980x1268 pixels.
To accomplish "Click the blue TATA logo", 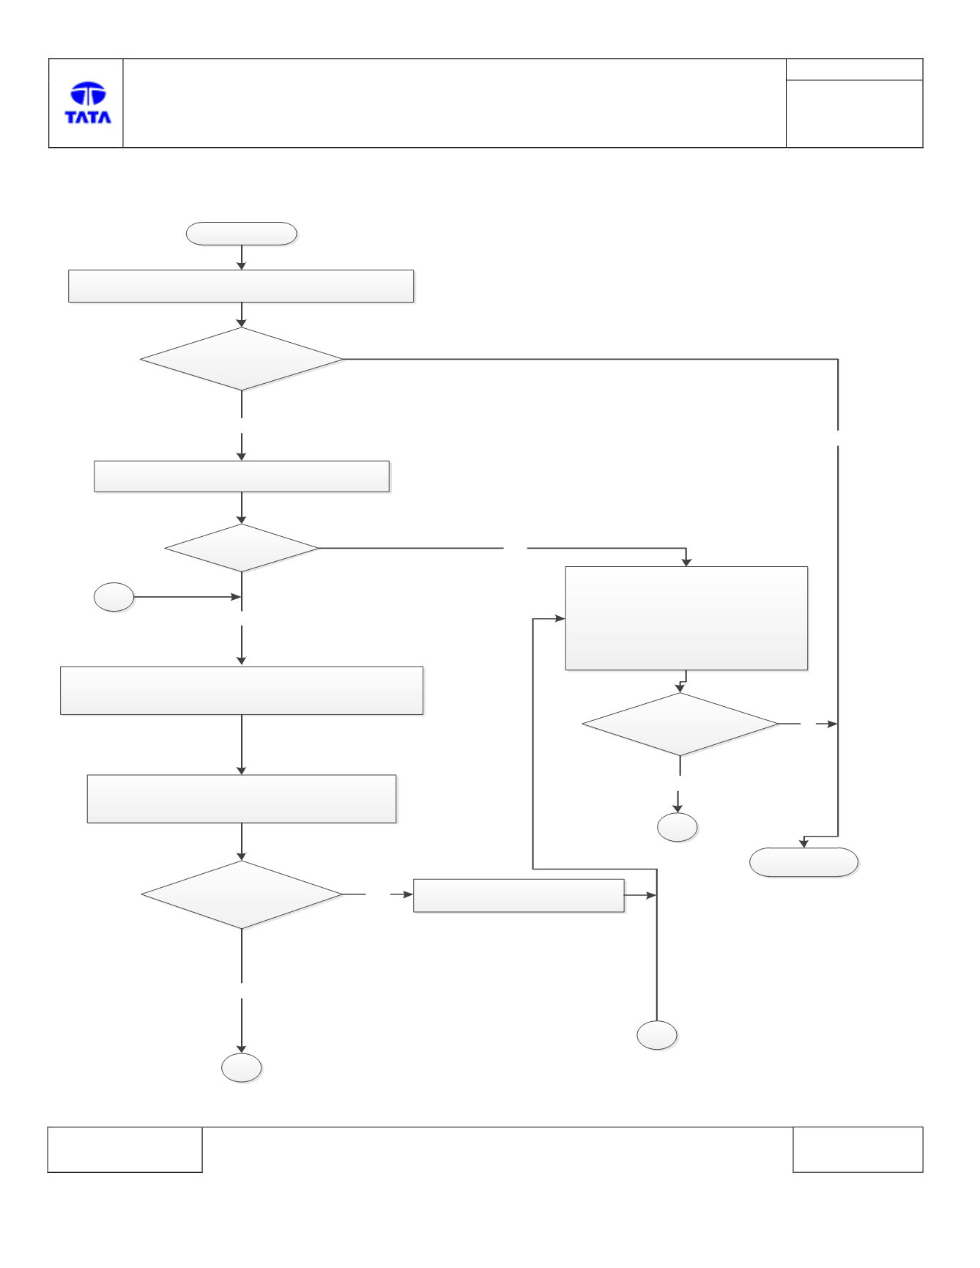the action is click(88, 103).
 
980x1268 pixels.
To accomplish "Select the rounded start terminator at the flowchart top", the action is click(242, 234).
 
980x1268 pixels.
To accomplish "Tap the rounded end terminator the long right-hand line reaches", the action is click(803, 862).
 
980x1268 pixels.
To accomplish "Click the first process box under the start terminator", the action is click(241, 286).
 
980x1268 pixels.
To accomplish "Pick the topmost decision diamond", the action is click(242, 359).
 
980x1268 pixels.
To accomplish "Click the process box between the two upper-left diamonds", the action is click(242, 477).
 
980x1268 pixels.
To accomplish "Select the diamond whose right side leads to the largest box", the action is click(242, 548).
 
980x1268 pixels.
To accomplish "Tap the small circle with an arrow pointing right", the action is click(114, 597).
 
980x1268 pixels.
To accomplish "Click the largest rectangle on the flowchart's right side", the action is click(686, 618).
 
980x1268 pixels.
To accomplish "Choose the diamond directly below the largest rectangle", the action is click(680, 724).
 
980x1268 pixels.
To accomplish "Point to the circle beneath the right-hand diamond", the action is click(678, 827).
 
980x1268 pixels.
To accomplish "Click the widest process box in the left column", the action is click(242, 691).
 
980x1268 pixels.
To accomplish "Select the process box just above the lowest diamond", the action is click(242, 799).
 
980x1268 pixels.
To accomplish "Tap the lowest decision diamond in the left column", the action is click(242, 894).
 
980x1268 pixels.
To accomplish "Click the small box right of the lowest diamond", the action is click(519, 896).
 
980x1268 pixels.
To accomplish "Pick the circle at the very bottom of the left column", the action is click(242, 1068).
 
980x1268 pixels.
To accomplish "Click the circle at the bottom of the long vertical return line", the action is click(657, 1035).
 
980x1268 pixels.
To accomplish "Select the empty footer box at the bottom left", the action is click(125, 1149).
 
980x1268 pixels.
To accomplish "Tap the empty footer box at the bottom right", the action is click(858, 1149).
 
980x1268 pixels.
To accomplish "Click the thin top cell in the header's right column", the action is click(854, 70).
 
